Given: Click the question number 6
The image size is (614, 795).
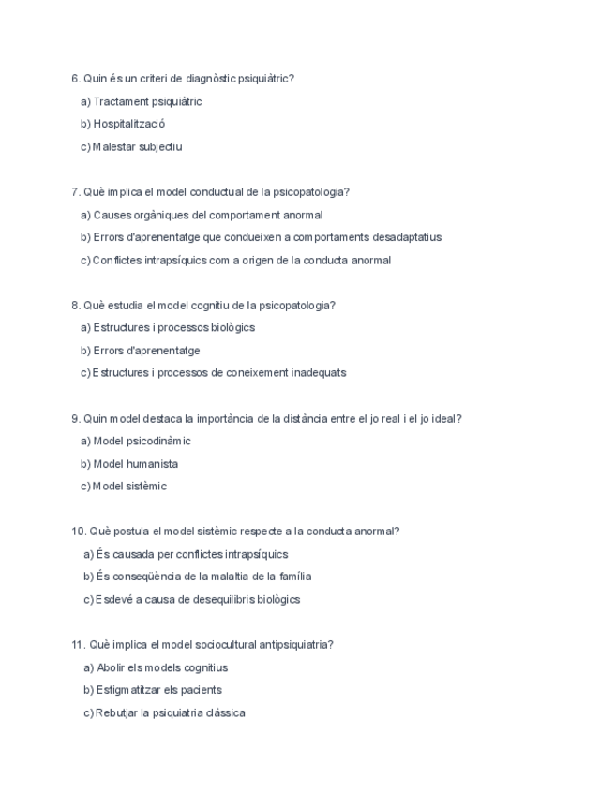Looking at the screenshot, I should (x=75, y=79).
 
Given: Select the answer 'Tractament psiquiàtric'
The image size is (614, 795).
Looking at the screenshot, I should (x=147, y=101).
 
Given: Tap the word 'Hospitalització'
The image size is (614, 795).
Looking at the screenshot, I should (x=129, y=124).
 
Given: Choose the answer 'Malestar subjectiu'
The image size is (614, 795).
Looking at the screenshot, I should (x=137, y=146).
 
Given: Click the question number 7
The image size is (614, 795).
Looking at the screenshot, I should (x=75, y=192).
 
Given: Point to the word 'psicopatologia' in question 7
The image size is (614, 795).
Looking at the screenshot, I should (x=308, y=192).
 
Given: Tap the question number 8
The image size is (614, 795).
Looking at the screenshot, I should (x=75, y=305).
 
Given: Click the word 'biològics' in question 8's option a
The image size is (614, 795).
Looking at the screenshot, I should (x=232, y=327).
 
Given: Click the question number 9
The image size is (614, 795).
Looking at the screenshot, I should (x=75, y=418).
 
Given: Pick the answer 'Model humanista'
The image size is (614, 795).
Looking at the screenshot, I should (x=135, y=463).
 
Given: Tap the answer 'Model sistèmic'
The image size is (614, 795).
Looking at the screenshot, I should (x=129, y=486).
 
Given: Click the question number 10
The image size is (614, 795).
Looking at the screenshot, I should (x=78, y=531).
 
